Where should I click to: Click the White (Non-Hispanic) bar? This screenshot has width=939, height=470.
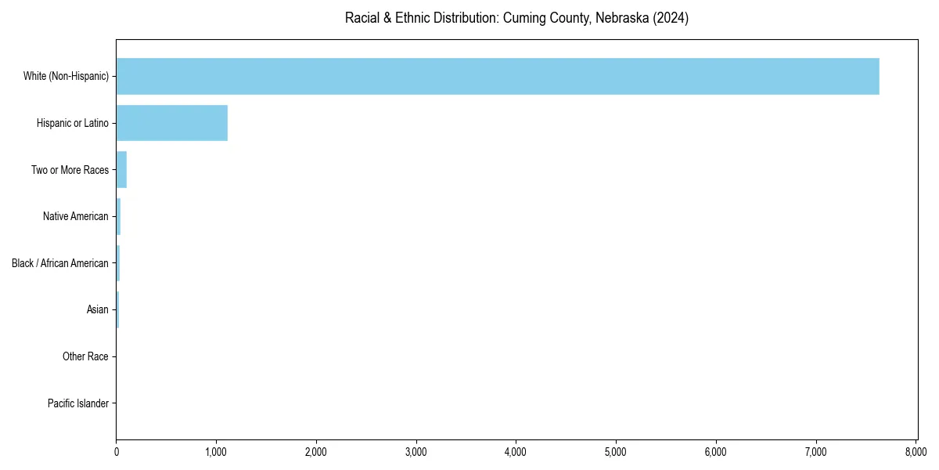tap(498, 76)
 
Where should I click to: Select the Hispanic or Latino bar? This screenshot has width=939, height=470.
tap(172, 123)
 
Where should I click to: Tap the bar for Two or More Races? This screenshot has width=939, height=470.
tap(121, 170)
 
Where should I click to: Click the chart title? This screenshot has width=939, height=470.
tap(516, 18)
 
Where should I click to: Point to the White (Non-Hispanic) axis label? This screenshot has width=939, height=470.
tap(66, 76)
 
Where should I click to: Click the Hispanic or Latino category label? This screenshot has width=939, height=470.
tap(73, 123)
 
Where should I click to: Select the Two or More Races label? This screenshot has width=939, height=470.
tap(70, 170)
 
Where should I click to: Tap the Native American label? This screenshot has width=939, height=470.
tap(76, 216)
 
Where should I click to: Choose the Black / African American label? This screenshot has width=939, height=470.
tap(60, 263)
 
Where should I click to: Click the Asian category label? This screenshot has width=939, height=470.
tap(98, 310)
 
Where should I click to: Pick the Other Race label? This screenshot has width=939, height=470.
tap(85, 356)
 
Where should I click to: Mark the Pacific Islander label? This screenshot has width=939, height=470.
tap(78, 403)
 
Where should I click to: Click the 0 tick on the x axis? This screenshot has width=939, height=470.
tap(117, 452)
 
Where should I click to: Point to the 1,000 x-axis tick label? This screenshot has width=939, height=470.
tap(216, 452)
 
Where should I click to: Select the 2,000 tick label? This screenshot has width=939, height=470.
tap(316, 452)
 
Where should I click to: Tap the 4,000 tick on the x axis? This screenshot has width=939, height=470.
tap(516, 452)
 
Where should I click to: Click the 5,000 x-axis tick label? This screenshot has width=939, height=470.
tap(616, 452)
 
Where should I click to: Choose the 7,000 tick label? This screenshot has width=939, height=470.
tap(816, 452)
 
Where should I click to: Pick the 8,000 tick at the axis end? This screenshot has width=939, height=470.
tap(916, 452)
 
